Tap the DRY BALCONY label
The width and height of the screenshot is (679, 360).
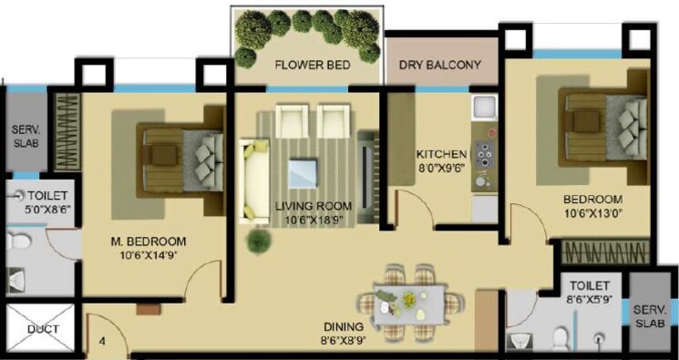coord(441,65)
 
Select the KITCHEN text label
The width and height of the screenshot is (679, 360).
coord(441,154)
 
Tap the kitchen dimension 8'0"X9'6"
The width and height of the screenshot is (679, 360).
coord(441,169)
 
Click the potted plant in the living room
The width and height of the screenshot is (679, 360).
coord(261,241)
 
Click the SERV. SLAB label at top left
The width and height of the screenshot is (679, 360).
coord(25,136)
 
